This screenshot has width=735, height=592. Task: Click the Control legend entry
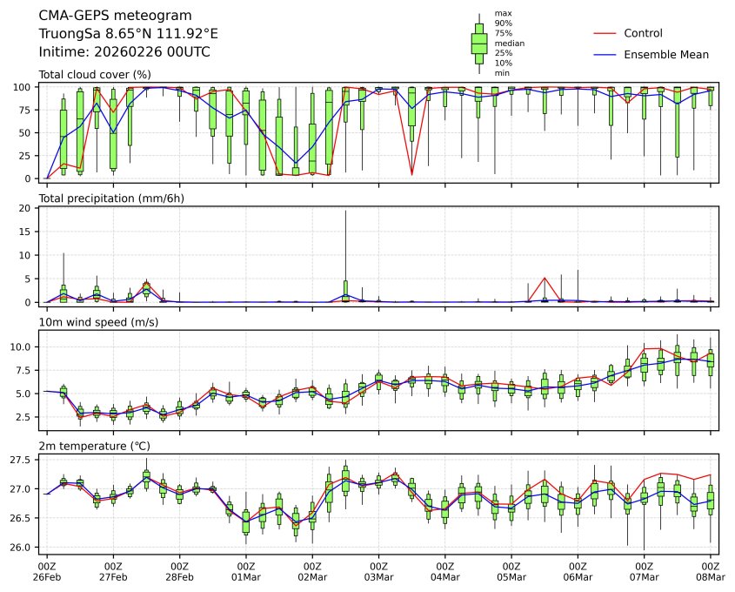[x=643, y=34]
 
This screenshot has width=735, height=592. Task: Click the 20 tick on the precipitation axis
[x=26, y=209]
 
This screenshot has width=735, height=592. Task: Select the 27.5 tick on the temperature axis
[x=21, y=460]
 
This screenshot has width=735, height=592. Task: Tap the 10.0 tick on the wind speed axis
[x=21, y=346]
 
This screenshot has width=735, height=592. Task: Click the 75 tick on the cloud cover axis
[x=26, y=111]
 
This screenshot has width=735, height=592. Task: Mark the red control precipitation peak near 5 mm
[x=545, y=278]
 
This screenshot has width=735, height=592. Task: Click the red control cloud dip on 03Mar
[x=411, y=175]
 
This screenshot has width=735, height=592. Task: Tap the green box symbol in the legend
[x=478, y=43]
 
